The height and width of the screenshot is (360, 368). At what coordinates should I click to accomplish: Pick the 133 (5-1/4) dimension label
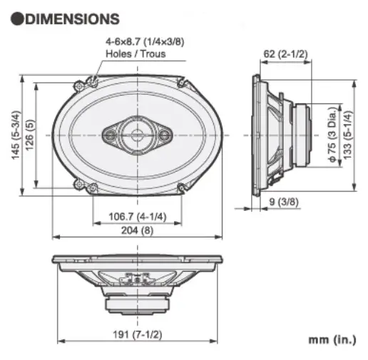click(347, 135)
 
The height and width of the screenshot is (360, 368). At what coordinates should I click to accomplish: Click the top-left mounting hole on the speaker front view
click(92, 81)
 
